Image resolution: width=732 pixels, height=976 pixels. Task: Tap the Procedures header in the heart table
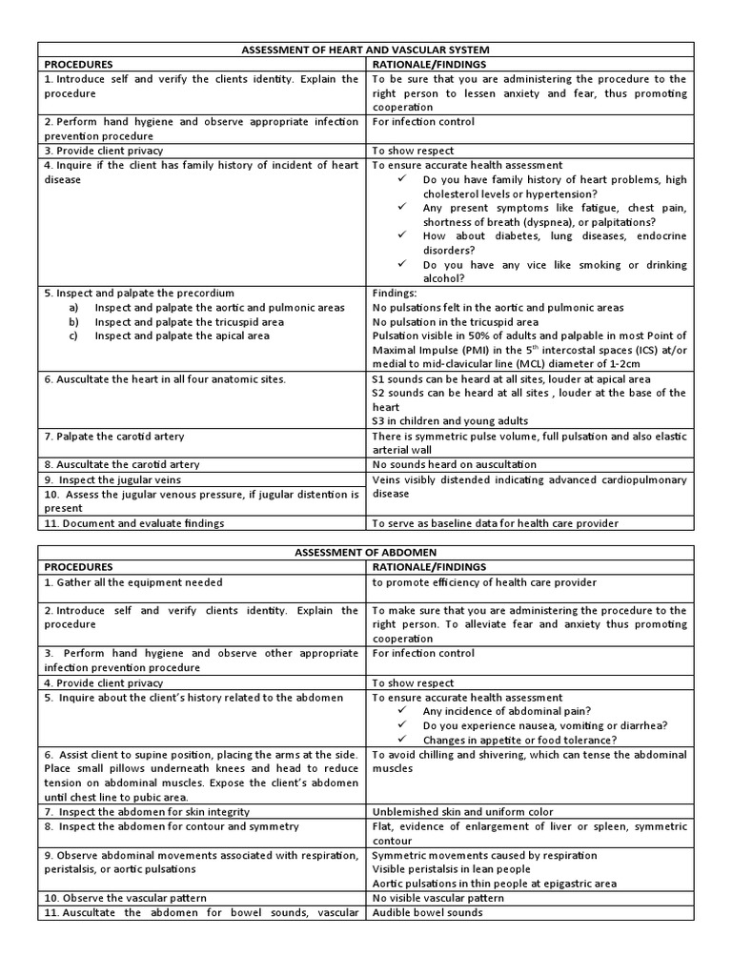tap(79, 63)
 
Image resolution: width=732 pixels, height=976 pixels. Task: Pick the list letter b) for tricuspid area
tap(73, 322)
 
